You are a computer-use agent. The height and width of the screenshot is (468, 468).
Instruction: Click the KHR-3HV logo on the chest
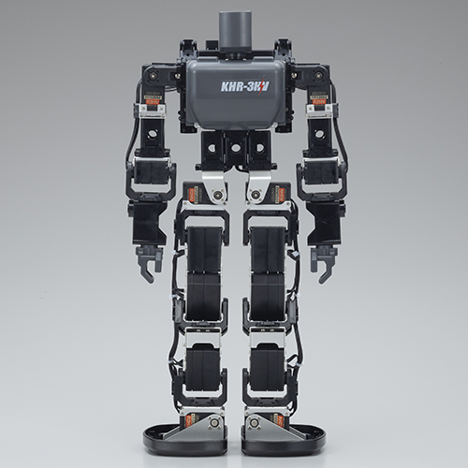(x=244, y=86)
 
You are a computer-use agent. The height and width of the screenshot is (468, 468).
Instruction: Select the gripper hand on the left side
(x=148, y=263)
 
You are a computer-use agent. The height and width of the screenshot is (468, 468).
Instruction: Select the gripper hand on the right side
(x=322, y=263)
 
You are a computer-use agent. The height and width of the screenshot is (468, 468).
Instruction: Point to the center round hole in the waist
(x=234, y=148)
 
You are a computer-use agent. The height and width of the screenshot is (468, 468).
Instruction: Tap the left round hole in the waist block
(x=212, y=147)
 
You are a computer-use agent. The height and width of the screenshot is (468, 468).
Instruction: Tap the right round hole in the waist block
(x=258, y=147)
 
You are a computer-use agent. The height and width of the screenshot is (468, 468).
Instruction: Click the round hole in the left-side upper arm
(x=153, y=134)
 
